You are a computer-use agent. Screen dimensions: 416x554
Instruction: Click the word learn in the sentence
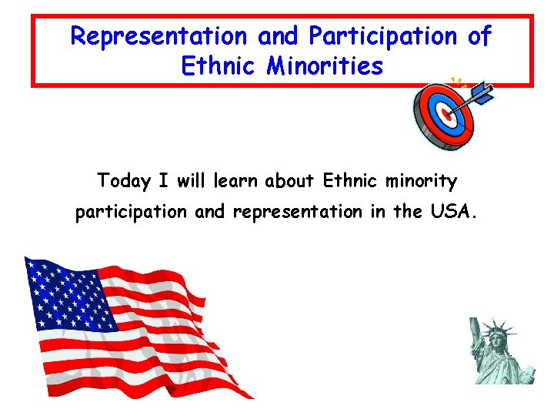tap(235, 182)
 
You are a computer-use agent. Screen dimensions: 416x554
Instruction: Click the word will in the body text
tap(190, 182)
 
